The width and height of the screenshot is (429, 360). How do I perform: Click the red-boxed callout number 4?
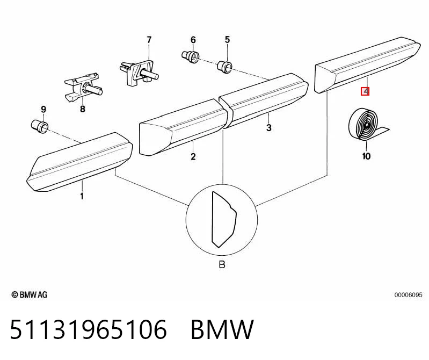coord(365,91)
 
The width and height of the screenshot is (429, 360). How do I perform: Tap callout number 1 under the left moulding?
coord(82,196)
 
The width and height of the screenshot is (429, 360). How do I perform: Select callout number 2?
coord(193,157)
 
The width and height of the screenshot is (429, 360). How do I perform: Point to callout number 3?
coord(268,127)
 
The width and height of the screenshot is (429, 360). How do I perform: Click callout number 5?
coord(227,40)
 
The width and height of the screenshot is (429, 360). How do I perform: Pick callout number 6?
coord(193,40)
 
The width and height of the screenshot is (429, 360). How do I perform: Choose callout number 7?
coord(149,40)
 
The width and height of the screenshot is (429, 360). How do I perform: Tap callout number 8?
coord(83,109)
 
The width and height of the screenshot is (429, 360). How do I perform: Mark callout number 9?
coord(43,110)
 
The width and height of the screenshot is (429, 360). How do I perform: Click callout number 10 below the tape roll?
coord(366,156)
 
